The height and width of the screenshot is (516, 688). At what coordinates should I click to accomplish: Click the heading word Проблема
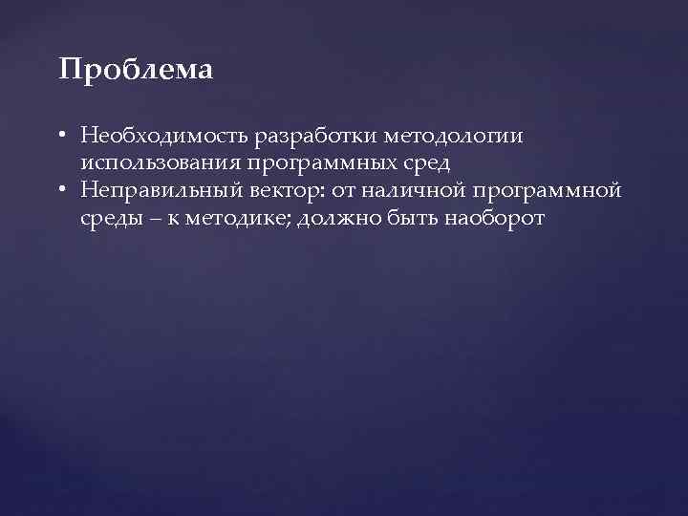[136, 71]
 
